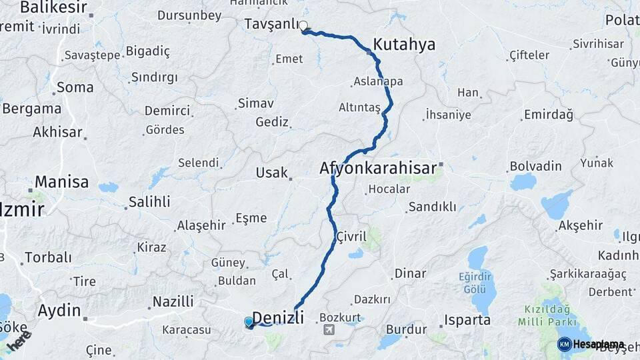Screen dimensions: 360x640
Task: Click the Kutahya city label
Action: coord(404,45)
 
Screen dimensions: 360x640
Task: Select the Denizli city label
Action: coord(279,317)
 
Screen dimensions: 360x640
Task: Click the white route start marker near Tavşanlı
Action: coord(303,27)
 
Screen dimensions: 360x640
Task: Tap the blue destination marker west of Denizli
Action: coord(249,323)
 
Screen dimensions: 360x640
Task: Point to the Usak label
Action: coord(271,173)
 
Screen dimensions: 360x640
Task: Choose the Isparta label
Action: coord(469,320)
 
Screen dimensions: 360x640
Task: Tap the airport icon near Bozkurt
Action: coord(329,330)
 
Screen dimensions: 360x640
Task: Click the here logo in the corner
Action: coord(19,341)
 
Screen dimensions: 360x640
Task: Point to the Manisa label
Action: coord(61,181)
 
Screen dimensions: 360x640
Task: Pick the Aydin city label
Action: coord(59,310)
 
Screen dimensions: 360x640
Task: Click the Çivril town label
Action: coord(351,236)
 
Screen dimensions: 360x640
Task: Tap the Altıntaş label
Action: coord(359,107)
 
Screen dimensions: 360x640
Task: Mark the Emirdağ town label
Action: coord(549,115)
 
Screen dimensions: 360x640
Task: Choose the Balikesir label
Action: coord(53,7)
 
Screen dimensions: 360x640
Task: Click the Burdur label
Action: coord(406,329)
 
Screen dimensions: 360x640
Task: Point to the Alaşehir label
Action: coord(201,226)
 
